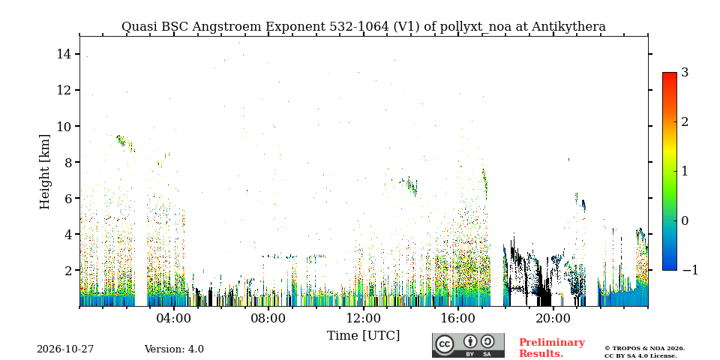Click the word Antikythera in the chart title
coord(568,27)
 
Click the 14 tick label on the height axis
coord(64,54)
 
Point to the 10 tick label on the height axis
coord(64,126)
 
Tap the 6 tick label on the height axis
coord(67,198)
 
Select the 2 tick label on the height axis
coord(67,271)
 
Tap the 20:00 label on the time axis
coord(553,318)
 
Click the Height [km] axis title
coord(44,172)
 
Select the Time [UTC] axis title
coord(363,336)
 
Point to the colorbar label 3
coord(685,73)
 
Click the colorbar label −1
coord(690,270)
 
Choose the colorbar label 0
coord(685,220)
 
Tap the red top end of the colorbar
coord(670,73)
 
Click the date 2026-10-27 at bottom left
coord(65,349)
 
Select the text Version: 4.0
coord(174,349)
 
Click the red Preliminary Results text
coord(552,348)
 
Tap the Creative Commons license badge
coord(468,345)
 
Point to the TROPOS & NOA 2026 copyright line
coord(644,349)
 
